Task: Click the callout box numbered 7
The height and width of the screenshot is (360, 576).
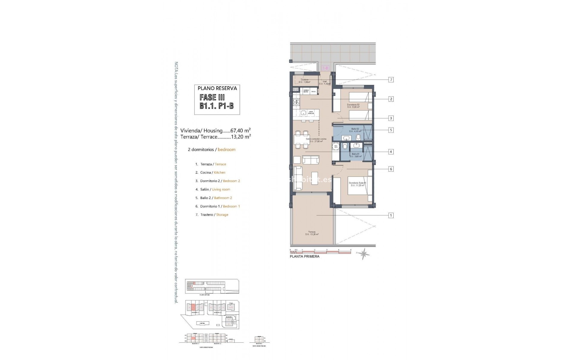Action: point(391,79)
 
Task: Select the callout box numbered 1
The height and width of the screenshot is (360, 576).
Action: point(391,215)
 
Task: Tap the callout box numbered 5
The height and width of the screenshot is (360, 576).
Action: point(391,130)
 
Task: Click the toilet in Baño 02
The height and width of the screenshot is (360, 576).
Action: point(358,137)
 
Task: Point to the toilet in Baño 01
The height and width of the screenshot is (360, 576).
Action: point(345,146)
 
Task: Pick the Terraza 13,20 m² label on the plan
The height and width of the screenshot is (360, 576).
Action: point(312,233)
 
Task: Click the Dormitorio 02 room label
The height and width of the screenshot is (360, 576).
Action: point(353,106)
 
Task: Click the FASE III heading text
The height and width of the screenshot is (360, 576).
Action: point(212,97)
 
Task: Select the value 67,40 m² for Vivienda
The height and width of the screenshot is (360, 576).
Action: point(240,130)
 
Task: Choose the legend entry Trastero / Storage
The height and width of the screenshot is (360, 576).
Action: point(214,215)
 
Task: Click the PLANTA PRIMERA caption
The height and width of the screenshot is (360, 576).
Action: point(304,256)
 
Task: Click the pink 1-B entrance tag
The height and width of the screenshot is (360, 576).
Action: point(325,68)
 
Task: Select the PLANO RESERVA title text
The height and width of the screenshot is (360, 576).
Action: point(217,88)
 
